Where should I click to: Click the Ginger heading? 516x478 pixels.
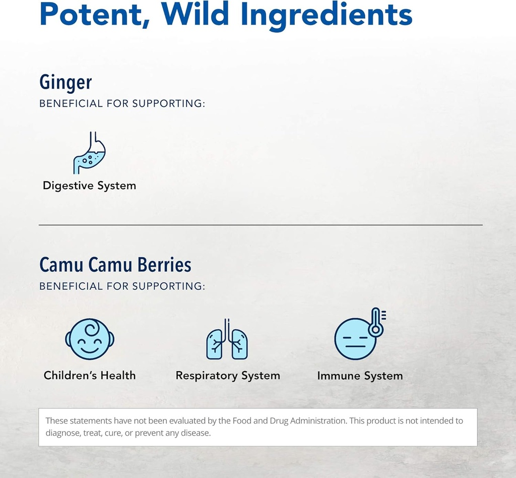(x=66, y=83)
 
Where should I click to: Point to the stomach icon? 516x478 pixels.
(x=90, y=153)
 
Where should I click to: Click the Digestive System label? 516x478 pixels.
(x=89, y=186)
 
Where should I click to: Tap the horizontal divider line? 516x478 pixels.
(x=261, y=225)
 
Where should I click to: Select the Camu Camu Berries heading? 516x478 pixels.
(x=115, y=265)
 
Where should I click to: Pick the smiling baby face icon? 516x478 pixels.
(x=90, y=339)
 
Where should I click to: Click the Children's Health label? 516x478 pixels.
(x=90, y=375)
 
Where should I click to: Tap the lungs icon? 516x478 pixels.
(x=227, y=340)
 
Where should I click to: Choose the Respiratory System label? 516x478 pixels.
(x=228, y=376)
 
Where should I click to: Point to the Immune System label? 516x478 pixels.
(x=360, y=376)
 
